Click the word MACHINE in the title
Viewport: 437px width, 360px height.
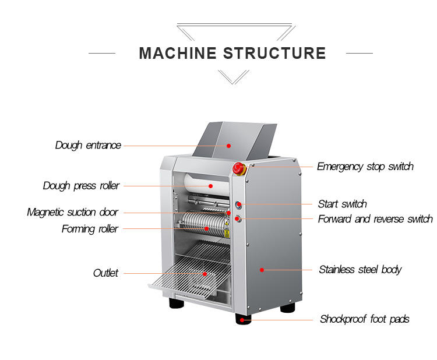pos(178,53)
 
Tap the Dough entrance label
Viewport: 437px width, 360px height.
pos(88,145)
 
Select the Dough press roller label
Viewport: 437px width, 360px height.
pos(81,186)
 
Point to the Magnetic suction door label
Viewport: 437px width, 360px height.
pos(72,213)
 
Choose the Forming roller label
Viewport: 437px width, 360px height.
pos(90,229)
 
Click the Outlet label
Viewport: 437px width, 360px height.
pos(105,273)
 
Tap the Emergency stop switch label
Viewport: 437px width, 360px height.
pos(365,167)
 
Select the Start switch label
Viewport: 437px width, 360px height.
pos(342,204)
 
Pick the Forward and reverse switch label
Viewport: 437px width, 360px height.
pos(375,219)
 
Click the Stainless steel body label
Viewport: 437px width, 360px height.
pos(360,270)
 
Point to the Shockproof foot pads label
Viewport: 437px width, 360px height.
pos(364,319)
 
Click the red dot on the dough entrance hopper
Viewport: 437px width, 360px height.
pos(229,146)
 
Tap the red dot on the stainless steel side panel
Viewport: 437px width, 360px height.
pos(262,270)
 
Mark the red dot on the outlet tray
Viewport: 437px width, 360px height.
pos(205,273)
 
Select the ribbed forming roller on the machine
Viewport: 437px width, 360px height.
pos(201,224)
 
